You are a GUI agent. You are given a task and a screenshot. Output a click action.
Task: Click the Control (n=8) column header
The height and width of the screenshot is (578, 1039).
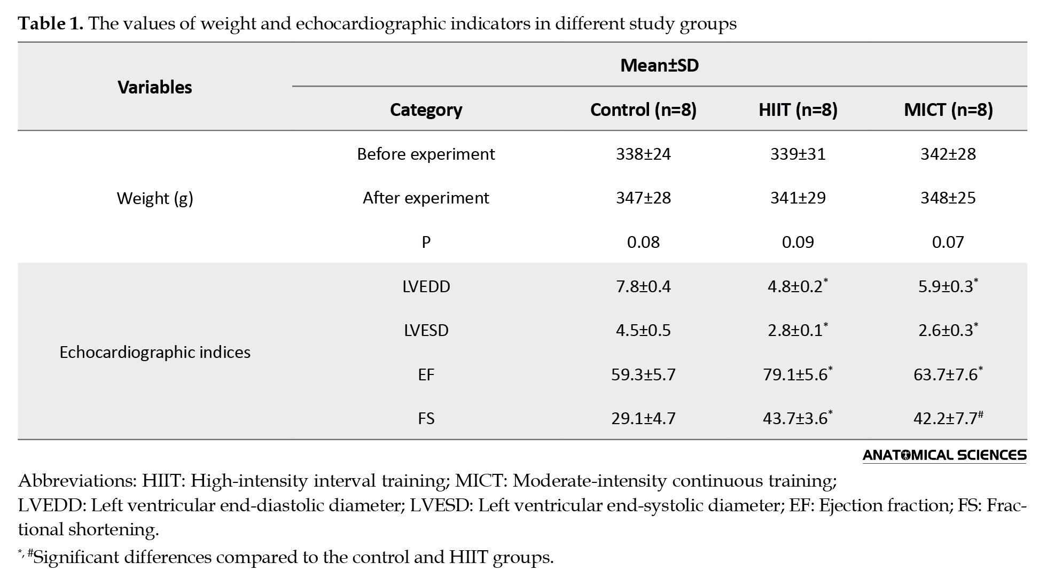pos(643,110)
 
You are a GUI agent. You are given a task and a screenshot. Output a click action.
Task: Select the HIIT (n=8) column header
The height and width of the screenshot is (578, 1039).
pos(798,110)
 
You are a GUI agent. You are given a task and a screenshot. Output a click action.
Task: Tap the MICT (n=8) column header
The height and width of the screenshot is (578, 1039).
pos(948,110)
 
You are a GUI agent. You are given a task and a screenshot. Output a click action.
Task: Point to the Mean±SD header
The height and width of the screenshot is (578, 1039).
pos(659,66)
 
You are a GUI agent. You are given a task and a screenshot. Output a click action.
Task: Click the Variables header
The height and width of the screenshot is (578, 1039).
pos(155,88)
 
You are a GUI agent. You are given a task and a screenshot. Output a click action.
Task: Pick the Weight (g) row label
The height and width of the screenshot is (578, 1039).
pos(155,199)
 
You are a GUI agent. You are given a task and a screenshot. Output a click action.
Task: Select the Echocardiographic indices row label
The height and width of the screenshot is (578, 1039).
pos(155,353)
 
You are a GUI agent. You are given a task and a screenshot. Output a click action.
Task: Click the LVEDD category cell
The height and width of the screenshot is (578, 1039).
pos(426,287)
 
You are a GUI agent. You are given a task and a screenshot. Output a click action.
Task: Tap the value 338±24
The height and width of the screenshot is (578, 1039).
pos(643,154)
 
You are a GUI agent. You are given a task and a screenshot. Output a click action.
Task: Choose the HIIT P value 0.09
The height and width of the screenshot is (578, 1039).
pos(798,243)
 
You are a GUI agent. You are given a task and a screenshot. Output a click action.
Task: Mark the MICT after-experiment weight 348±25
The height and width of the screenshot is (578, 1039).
pos(948,198)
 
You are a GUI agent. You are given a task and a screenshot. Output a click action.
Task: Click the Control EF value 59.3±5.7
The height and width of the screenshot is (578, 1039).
pos(643,374)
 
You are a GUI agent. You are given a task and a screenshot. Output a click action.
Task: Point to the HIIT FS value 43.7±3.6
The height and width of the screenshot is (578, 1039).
pos(798,418)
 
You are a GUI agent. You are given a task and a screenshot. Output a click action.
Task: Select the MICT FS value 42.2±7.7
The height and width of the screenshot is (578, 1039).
pos(948,418)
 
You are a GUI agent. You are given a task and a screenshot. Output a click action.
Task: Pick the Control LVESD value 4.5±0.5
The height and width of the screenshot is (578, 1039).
pos(643,331)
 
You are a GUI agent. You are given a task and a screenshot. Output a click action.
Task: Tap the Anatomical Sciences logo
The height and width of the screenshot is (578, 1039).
pos(944,455)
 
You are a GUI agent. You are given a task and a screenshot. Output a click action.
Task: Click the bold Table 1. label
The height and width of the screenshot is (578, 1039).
pos(51,24)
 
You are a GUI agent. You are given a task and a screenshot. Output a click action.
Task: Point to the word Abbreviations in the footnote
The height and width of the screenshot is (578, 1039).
pos(77,481)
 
